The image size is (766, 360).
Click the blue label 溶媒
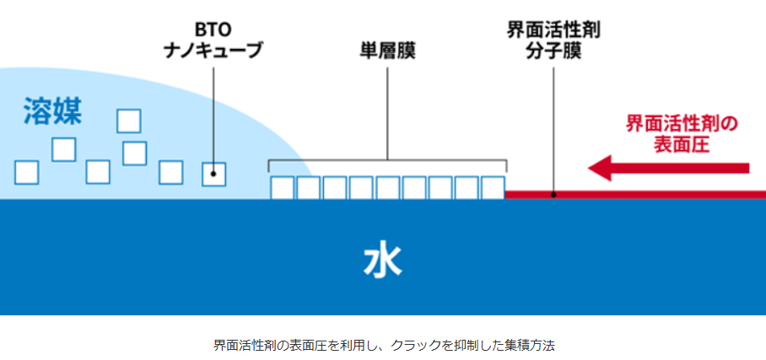coord(52,111)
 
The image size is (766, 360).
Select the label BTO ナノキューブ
coord(213,40)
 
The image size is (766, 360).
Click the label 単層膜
coord(387,51)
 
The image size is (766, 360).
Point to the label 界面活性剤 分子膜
coord(553,40)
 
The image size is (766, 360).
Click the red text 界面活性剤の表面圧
coord(682,133)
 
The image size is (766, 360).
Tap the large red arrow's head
coord(601,168)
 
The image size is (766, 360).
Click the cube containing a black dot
coord(214,174)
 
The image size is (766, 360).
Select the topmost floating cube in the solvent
coord(129,121)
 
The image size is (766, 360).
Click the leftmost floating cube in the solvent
coord(27,172)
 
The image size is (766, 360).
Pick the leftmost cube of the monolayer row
coord(282,187)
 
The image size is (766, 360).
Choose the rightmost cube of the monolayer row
coord(493,187)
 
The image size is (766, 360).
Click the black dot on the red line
coord(553,195)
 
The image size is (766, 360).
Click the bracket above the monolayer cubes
coord(387,160)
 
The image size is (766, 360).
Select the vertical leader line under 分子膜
coord(553,126)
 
